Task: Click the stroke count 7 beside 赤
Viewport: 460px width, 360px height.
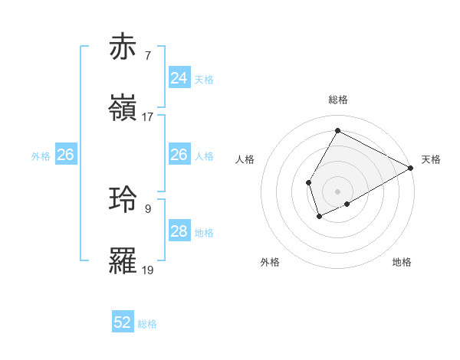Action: click(x=148, y=56)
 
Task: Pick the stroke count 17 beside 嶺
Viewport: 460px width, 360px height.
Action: click(x=148, y=117)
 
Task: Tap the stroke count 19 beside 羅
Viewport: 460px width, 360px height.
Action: click(x=148, y=270)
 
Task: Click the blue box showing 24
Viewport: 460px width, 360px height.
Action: click(x=179, y=78)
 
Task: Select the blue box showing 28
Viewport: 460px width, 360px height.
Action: click(x=179, y=231)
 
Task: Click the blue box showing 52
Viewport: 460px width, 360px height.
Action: click(x=123, y=323)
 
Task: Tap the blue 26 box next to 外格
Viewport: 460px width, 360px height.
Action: click(x=65, y=155)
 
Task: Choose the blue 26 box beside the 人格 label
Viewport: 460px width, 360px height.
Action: click(x=179, y=155)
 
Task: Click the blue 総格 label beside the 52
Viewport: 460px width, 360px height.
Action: click(x=147, y=324)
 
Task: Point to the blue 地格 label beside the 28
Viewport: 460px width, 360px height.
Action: click(x=204, y=232)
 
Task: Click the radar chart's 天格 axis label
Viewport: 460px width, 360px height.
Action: click(x=431, y=159)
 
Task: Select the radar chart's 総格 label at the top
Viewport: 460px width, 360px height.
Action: click(x=337, y=100)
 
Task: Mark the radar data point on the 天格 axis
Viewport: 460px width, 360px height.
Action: click(x=411, y=168)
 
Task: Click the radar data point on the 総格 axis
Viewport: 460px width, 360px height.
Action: click(x=337, y=130)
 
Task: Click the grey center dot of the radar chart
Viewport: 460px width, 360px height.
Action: click(x=337, y=191)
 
